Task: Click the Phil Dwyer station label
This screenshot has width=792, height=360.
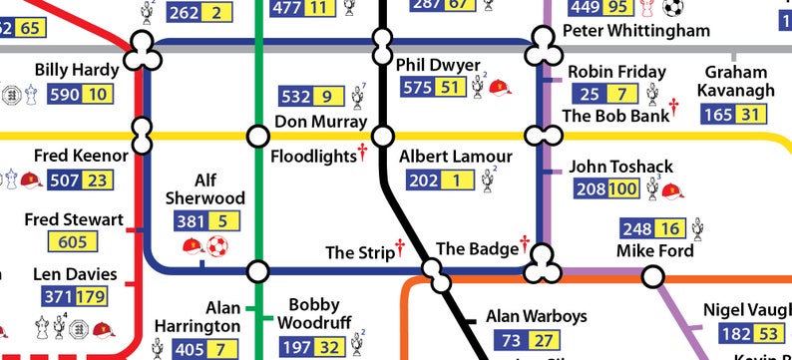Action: click(x=438, y=65)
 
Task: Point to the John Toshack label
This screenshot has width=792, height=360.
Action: click(x=620, y=166)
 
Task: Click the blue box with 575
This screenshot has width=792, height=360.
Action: click(x=416, y=88)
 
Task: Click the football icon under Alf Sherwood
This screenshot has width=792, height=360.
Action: click(x=216, y=246)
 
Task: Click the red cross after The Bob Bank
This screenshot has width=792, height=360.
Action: click(x=673, y=106)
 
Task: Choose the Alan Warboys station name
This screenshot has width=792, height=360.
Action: click(x=537, y=317)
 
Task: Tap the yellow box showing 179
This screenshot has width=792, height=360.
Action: click(x=93, y=297)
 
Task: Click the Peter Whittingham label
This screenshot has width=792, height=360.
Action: click(x=636, y=31)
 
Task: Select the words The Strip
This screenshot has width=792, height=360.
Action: click(x=360, y=252)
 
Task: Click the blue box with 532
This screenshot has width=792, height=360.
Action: click(x=296, y=97)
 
